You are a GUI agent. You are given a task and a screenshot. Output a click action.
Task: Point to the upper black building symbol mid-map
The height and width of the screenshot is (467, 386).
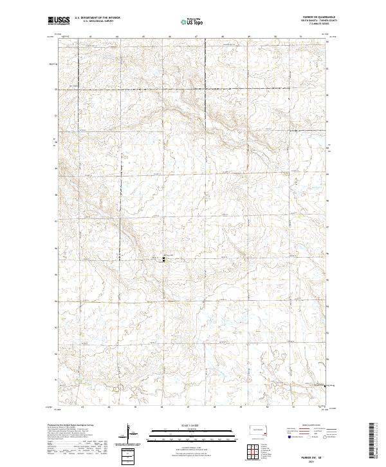click(x=163, y=256)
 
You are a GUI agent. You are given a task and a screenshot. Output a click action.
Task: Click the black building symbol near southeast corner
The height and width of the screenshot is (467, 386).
click(x=324, y=385)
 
